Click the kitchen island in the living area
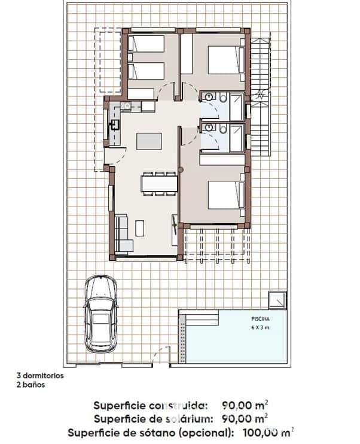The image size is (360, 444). pos(149,141)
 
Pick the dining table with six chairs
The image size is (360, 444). pos(159,183)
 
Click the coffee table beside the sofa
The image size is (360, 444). pos(140,228)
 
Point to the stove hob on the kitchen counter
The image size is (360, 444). pos(126,106)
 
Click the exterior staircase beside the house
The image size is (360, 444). pos(260,96)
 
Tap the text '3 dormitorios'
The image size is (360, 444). pos(40,376)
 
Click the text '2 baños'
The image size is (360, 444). pos(30,385)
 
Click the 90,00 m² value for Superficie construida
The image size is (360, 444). pos(244,404)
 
